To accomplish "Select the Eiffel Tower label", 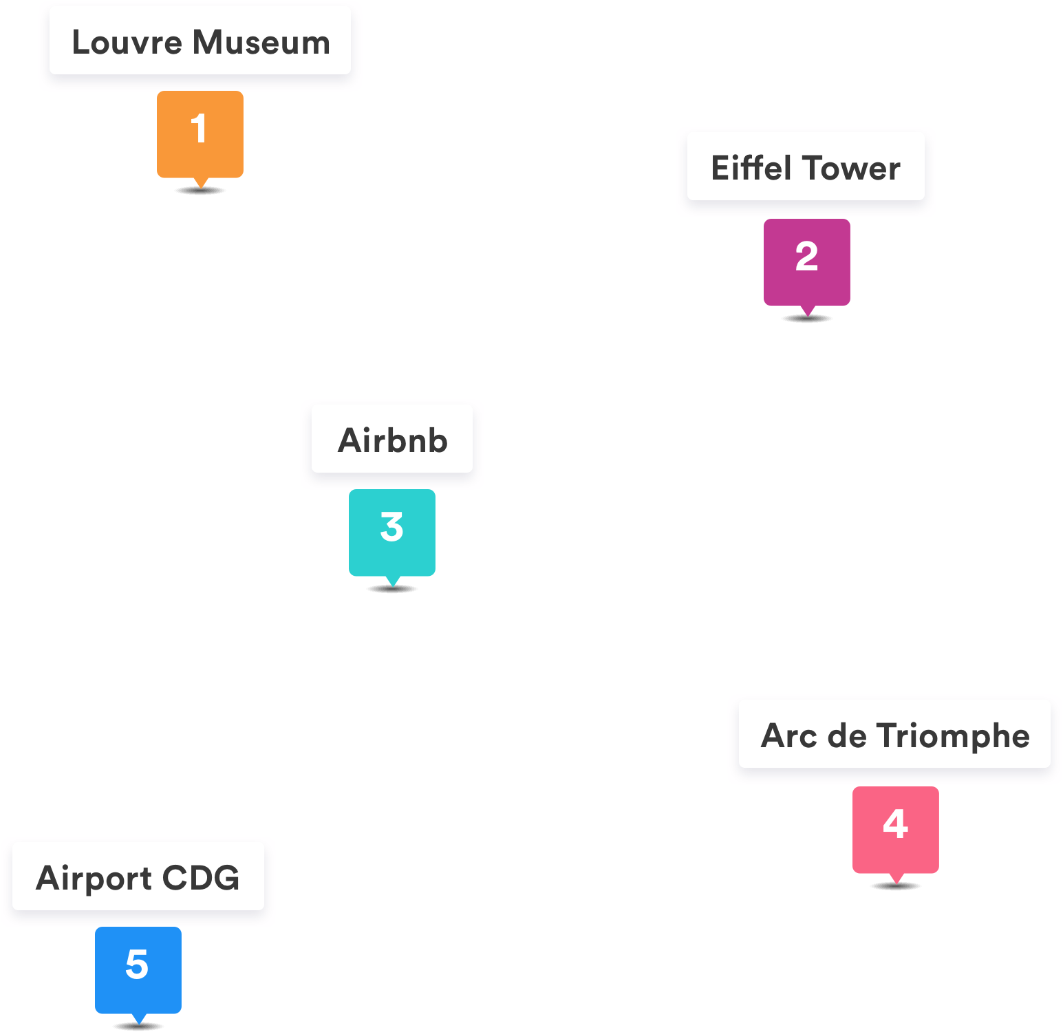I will [x=806, y=167].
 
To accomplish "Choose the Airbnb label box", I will [x=392, y=440].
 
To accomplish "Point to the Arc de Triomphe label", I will [x=894, y=735].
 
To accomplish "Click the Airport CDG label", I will [x=138, y=877].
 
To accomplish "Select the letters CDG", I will [x=201, y=878].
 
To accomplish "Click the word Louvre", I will [x=127, y=43].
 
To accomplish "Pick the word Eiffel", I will [x=751, y=169].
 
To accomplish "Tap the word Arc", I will [x=789, y=736].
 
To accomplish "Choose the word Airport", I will [x=94, y=879].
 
